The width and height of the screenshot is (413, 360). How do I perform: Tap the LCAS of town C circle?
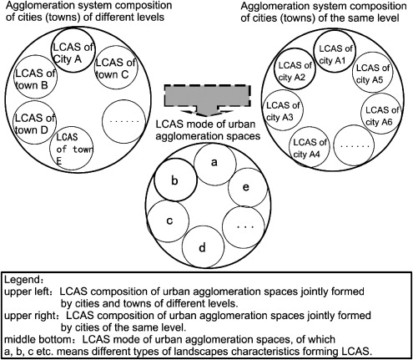[x=117, y=68]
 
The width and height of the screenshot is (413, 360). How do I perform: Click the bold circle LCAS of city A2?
[x=294, y=71]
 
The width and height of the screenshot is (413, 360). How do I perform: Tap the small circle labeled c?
[x=169, y=221]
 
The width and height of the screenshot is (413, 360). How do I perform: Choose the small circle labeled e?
[x=245, y=189]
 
